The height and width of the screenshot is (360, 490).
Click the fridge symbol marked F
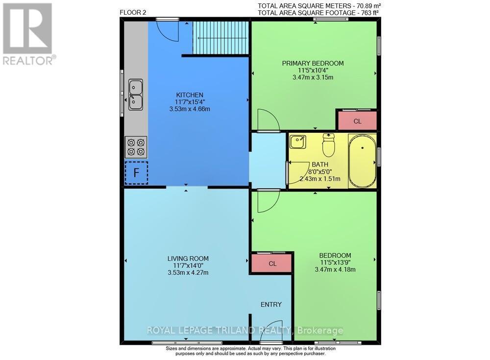tap(136, 172)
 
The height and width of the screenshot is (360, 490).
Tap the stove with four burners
tap(136, 146)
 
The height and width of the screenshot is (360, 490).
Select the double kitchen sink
tap(136, 95)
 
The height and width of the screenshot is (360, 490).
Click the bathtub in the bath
tap(363, 160)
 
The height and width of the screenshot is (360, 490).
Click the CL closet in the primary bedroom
tap(357, 120)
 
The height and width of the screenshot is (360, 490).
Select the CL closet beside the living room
tap(272, 264)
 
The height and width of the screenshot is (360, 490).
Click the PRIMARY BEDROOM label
tap(313, 63)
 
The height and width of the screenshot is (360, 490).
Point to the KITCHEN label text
tap(190, 95)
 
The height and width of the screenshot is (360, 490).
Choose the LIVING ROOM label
tap(188, 259)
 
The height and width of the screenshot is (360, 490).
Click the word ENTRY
tap(271, 304)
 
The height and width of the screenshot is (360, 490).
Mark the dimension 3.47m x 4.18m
tap(335, 269)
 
